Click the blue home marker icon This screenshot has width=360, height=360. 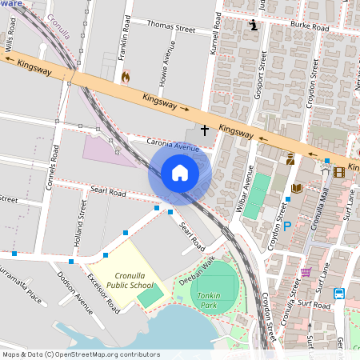(x=180, y=172)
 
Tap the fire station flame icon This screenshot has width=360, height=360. (x=125, y=77)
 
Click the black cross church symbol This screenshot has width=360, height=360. (x=204, y=129)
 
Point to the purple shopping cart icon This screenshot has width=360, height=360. (x=305, y=272)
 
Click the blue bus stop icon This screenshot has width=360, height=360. (x=339, y=294)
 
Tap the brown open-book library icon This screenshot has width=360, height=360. (x=296, y=188)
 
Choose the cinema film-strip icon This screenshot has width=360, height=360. (x=339, y=171)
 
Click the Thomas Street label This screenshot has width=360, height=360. (x=170, y=28)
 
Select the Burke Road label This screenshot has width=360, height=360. (x=309, y=26)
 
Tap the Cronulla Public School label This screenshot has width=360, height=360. (x=130, y=279)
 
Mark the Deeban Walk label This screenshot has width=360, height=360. (x=196, y=268)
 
